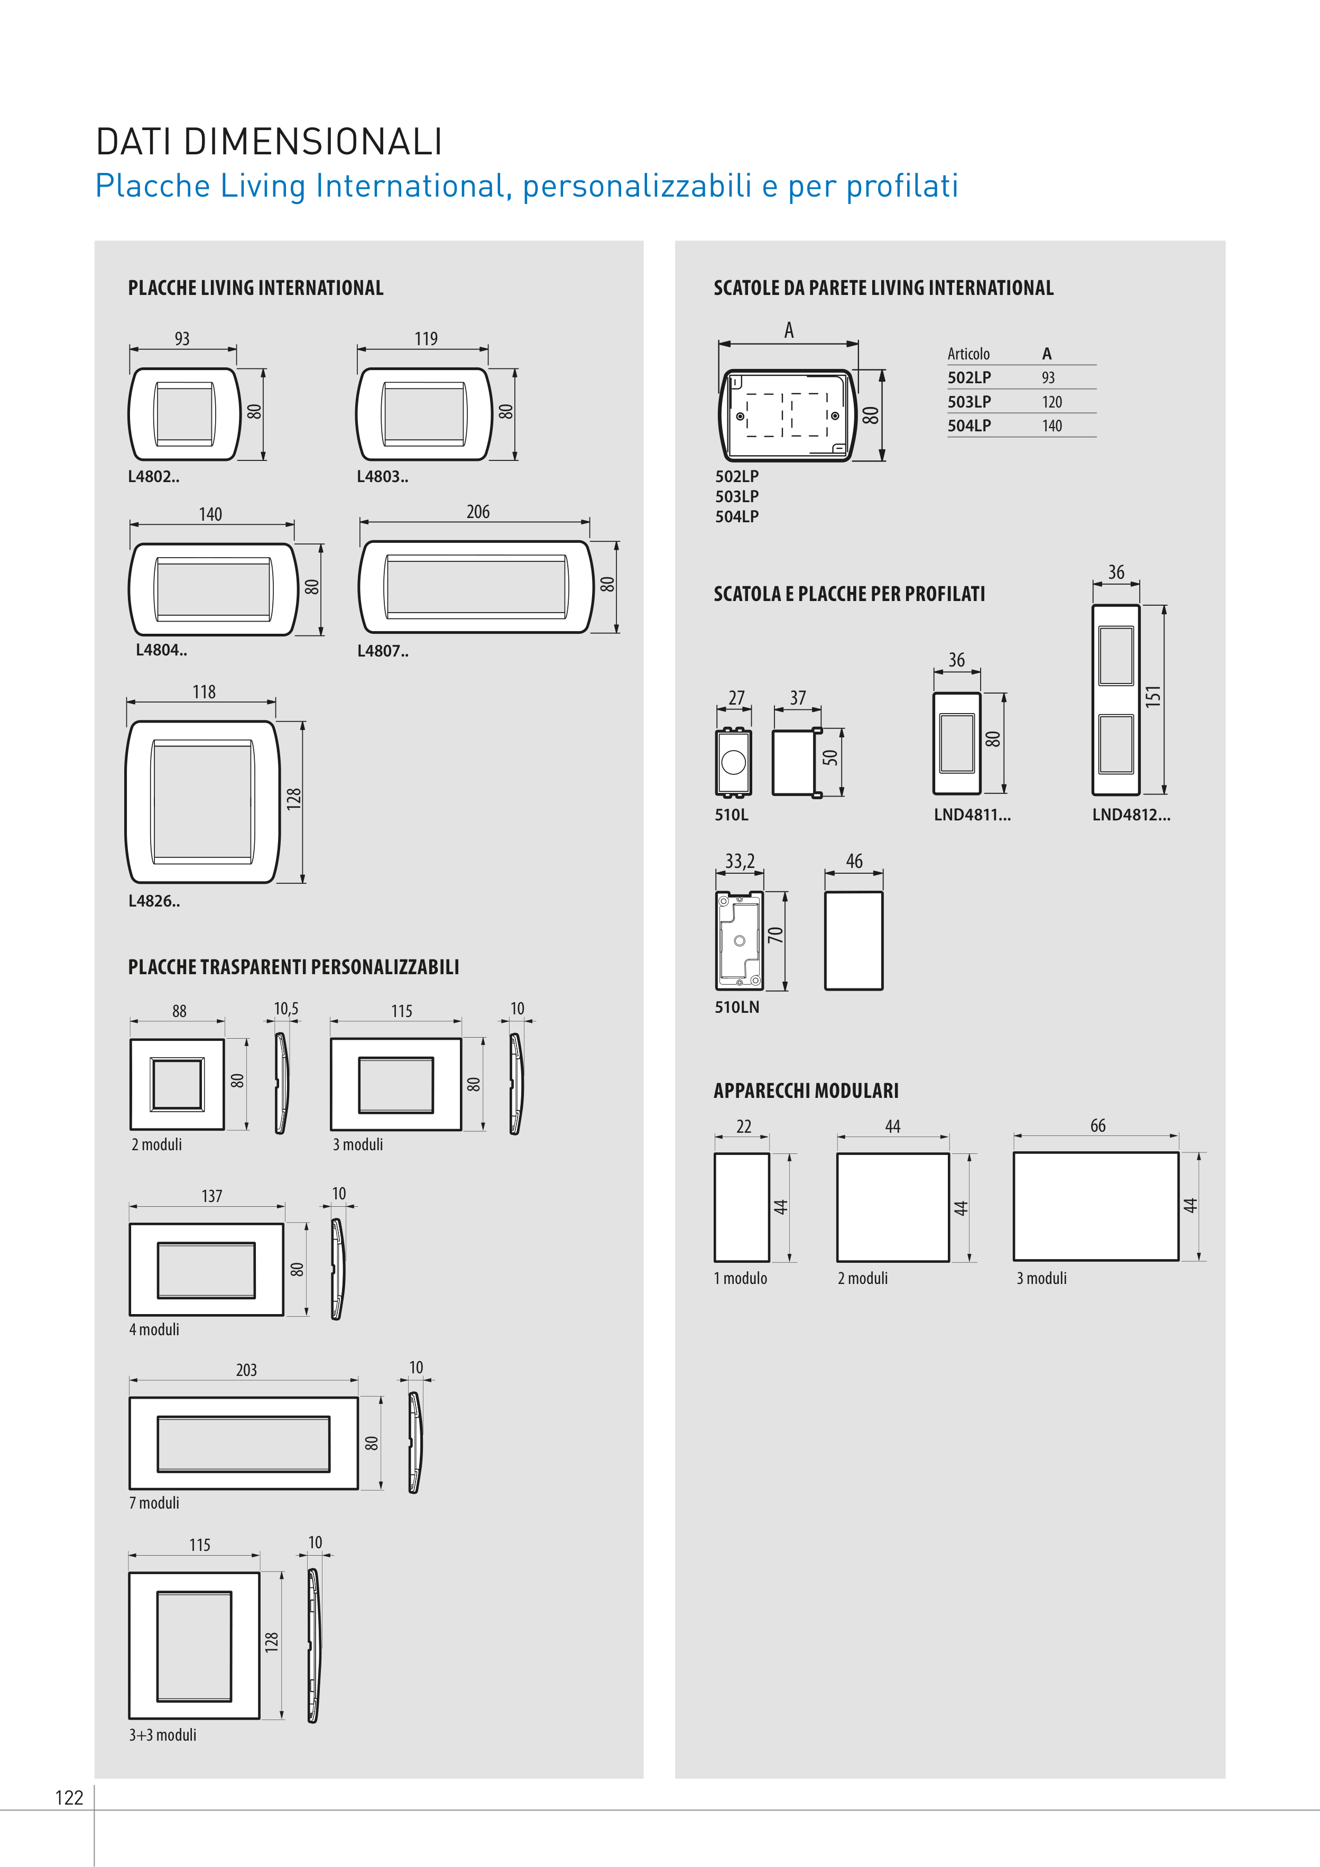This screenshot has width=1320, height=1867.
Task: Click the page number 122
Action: (69, 1797)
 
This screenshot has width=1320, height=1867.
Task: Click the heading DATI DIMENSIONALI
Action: (269, 142)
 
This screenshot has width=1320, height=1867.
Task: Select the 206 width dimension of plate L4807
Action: (477, 512)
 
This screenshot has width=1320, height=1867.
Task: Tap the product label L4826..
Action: (154, 901)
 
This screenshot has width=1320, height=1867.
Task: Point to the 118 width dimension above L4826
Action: (204, 692)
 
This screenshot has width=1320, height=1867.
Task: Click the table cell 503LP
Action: (968, 402)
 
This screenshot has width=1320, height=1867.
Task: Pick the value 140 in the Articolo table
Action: (1051, 426)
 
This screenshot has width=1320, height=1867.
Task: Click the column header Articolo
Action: (968, 354)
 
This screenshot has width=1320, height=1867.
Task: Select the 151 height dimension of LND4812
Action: (1152, 697)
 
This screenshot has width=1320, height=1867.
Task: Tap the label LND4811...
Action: (972, 815)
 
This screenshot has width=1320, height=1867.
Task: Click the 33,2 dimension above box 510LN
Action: (740, 861)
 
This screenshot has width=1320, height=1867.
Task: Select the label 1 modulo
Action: (740, 1278)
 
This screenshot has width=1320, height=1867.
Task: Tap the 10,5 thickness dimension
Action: (285, 1009)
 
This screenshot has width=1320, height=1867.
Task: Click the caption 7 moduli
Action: (154, 1503)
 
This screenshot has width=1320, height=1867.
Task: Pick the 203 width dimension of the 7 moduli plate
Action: (246, 1370)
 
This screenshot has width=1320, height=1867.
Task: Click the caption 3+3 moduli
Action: (163, 1734)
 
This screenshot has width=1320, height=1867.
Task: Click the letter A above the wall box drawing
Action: (788, 330)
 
